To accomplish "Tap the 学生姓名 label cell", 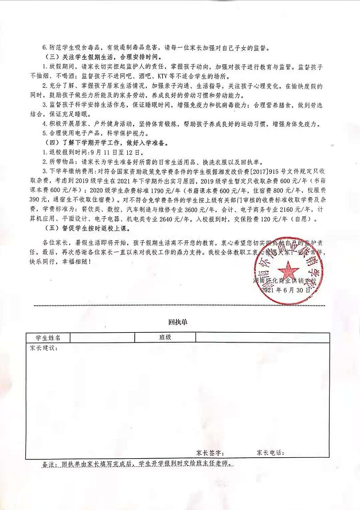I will [48, 338].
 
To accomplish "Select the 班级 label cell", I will [166, 338].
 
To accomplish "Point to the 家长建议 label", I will [44, 348].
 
